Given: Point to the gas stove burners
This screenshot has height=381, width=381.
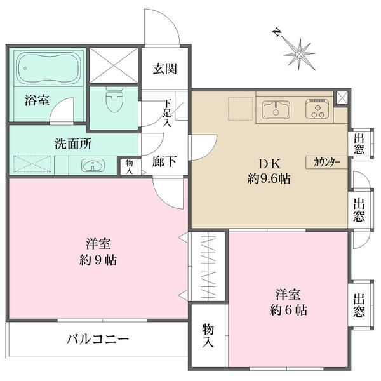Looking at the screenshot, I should (x=316, y=109).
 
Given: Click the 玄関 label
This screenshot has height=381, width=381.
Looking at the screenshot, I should (x=164, y=69).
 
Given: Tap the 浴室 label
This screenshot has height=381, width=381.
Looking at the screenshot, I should (x=34, y=100).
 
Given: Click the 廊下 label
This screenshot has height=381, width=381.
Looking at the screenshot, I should (x=163, y=162).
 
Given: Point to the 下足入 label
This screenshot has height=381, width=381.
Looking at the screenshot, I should (x=167, y=114).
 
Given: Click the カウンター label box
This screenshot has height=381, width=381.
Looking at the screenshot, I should (x=327, y=162).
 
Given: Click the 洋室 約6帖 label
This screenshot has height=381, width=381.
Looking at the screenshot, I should (x=288, y=302).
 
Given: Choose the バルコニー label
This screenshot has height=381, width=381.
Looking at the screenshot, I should (x=98, y=339).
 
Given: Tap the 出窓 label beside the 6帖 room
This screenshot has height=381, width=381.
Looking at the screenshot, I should (x=359, y=305).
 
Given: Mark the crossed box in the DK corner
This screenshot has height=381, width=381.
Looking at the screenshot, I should (x=343, y=98).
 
